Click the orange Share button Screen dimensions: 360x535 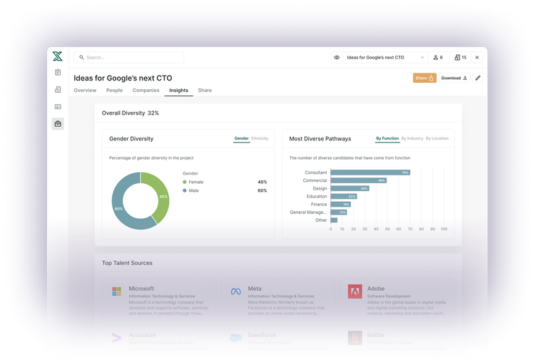424,78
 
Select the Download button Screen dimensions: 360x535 454,78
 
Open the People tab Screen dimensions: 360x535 114,91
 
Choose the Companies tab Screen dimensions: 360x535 146,91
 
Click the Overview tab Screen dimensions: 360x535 85,91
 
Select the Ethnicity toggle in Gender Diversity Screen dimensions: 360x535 260,138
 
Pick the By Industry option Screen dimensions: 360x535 412,138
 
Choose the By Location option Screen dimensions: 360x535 437,138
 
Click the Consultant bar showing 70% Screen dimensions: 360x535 370,173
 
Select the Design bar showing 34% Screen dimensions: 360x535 350,188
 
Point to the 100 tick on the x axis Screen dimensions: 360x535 444,229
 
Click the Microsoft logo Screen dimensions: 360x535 116,292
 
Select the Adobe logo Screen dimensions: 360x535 355,292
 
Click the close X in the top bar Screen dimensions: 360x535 477,57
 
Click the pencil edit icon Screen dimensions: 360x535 478,78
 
